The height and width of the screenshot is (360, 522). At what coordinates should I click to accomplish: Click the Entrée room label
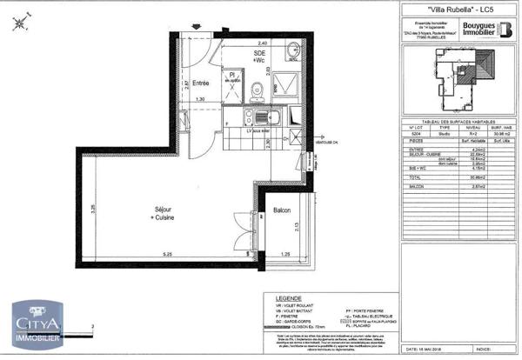coord(201,83)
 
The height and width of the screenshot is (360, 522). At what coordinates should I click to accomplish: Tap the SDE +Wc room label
coord(259,58)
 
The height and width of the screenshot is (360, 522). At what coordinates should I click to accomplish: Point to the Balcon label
coord(282,210)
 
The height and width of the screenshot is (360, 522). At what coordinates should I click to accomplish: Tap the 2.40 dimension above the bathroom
coord(261,42)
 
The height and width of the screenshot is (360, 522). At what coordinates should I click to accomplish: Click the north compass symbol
coord(20,23)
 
